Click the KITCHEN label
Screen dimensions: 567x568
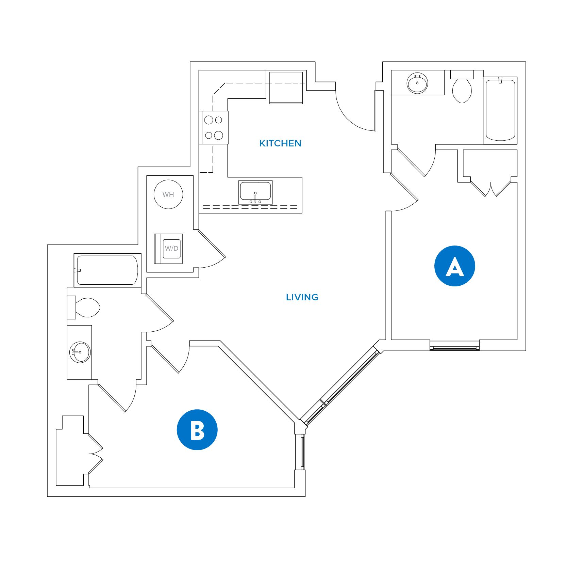[x=280, y=143]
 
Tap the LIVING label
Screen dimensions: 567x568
[x=302, y=297]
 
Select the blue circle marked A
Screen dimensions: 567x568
[x=454, y=266]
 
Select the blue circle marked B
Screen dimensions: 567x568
[x=197, y=430]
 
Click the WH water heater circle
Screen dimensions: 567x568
[x=168, y=194]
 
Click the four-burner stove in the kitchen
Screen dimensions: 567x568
[x=214, y=128]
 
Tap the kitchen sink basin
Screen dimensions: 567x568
[x=255, y=191]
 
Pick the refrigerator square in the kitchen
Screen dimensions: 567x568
[x=286, y=87]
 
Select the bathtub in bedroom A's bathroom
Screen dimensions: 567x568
[x=500, y=110]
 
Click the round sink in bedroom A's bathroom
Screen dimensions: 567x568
[x=417, y=83]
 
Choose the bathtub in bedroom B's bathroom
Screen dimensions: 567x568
[x=107, y=270]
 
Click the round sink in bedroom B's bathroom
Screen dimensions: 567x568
[x=80, y=352]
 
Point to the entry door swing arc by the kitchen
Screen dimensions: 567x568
[x=354, y=116]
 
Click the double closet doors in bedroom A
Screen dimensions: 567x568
[x=491, y=189]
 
